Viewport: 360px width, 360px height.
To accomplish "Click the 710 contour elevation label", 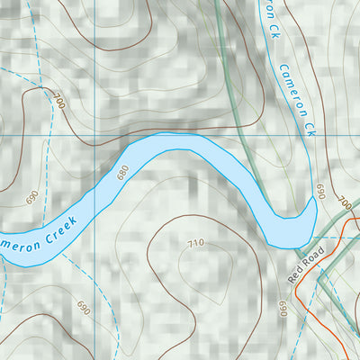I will [196, 242].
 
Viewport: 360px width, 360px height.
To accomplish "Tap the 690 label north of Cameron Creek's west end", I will [33, 196].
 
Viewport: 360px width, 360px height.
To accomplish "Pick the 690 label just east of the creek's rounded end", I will [319, 192].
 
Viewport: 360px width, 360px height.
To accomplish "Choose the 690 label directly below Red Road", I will [283, 310].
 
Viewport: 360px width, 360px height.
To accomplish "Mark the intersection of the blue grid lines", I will [94, 134].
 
